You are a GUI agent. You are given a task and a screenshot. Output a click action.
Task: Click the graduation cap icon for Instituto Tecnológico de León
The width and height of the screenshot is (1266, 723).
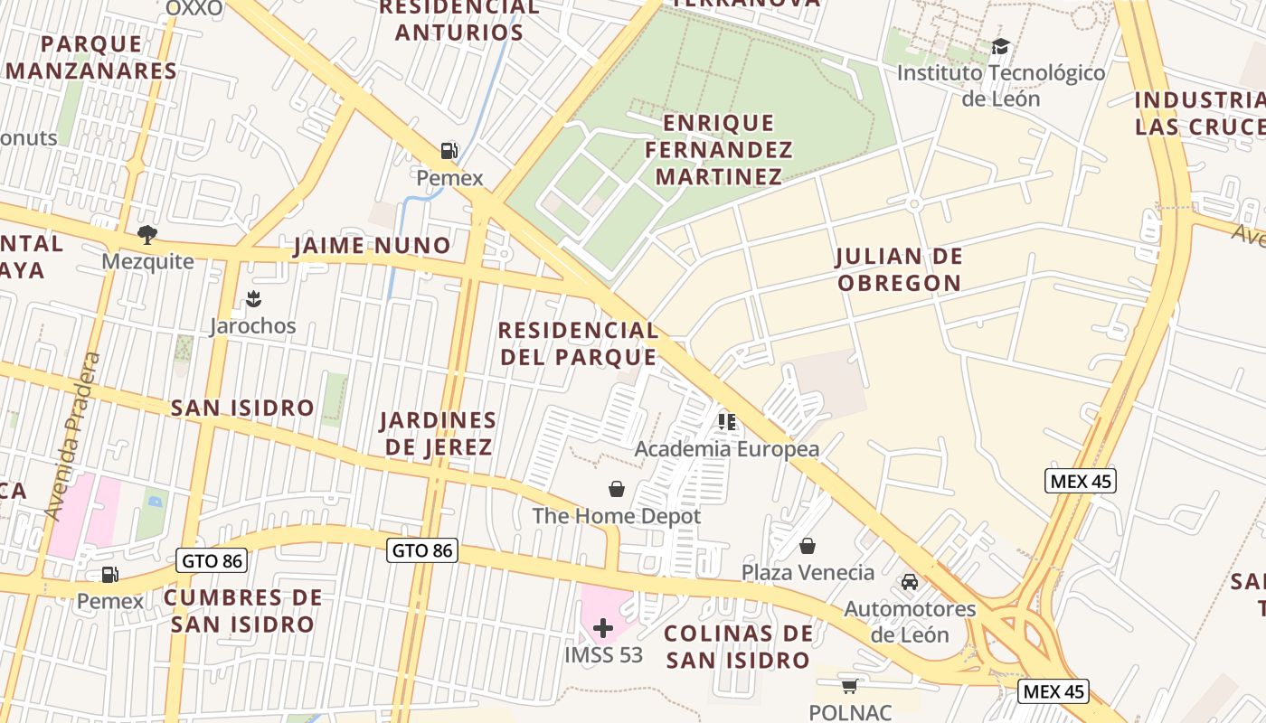1000,46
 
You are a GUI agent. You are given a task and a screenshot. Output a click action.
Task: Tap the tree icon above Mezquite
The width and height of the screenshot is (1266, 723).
146,235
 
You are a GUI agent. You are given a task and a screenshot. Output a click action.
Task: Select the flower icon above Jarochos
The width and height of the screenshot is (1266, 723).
253,299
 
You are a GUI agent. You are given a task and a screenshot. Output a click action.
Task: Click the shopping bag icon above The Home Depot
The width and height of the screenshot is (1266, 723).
616,489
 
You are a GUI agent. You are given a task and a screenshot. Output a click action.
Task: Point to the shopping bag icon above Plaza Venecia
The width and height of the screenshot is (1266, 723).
808,546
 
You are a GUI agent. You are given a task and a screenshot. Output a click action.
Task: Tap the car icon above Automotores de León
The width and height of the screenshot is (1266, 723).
910,582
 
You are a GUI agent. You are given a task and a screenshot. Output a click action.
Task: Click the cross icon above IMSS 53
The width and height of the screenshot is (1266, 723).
603,628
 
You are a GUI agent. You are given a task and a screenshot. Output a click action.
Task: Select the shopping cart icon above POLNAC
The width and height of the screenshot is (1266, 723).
849,687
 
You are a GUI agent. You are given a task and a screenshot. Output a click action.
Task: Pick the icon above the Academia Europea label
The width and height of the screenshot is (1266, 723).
726,422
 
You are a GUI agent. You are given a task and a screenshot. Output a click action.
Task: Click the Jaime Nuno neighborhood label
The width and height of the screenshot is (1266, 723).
373,245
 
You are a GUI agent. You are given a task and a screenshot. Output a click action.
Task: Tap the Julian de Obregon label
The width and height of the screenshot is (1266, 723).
899,269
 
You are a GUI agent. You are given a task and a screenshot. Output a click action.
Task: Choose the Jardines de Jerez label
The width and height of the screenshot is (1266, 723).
439,433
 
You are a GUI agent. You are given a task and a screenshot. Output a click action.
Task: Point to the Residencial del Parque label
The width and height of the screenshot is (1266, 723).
578,343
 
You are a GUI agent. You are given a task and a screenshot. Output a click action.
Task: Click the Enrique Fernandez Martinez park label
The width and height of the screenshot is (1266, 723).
719,149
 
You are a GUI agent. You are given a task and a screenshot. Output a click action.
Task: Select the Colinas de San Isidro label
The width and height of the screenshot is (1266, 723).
739,646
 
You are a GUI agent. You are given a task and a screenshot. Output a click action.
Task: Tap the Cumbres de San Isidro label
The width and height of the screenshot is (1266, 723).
242,610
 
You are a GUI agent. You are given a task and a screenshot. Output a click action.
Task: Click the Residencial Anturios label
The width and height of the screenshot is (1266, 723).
459,20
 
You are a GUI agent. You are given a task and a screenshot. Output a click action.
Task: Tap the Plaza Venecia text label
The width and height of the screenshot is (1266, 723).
808,572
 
